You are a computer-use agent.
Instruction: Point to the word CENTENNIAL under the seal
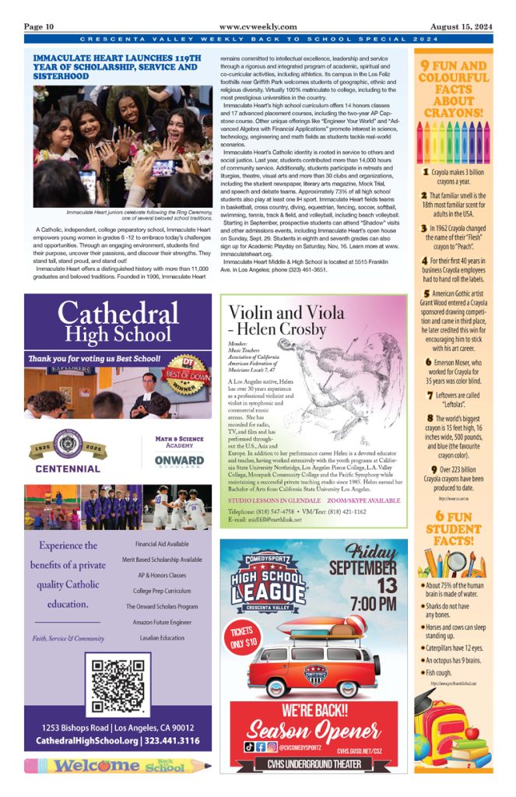coord(67,469)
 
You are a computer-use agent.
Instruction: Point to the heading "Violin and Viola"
coord(286,313)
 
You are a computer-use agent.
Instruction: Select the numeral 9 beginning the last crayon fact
coord(434,469)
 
